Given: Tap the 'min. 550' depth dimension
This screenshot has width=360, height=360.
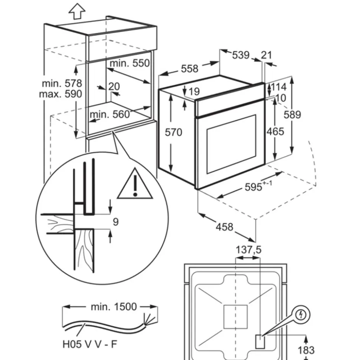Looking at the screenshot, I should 130,63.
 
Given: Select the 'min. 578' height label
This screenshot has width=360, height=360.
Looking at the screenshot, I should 62,83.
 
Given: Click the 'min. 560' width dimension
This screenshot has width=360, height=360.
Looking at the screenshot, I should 109,114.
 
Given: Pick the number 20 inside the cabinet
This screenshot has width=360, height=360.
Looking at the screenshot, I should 114,87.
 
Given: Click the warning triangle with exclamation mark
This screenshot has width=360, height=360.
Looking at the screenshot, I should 135,184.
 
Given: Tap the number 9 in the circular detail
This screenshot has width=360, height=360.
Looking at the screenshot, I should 116,222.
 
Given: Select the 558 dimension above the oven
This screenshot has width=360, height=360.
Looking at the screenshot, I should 190,68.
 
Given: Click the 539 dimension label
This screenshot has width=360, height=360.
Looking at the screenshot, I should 241,55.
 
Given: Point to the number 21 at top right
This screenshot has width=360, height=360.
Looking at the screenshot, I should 266,55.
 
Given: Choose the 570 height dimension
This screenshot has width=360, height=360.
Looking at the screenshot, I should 173,132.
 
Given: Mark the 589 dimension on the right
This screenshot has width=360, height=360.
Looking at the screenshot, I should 293,115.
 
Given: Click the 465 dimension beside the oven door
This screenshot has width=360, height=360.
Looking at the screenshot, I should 275,132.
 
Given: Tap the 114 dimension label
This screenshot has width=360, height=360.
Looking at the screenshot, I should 278,87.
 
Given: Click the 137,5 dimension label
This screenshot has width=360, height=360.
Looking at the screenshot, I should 249,250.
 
